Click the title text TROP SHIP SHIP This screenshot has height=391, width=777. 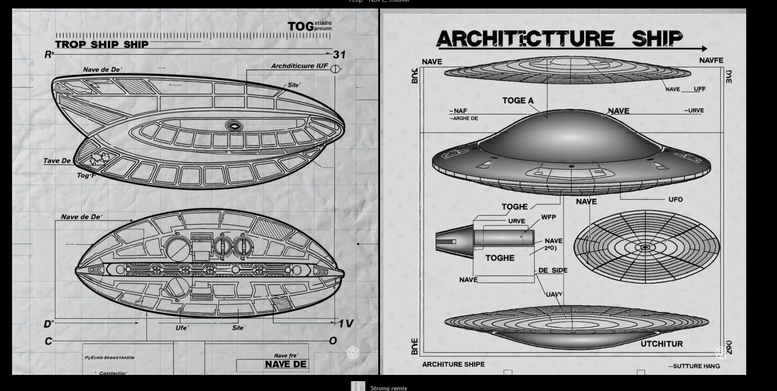coord(101,44)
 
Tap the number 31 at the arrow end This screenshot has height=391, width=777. coord(339,55)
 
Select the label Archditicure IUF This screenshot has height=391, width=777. coord(299,66)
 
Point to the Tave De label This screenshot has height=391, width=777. coord(57,161)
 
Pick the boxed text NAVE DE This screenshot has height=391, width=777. coord(286,364)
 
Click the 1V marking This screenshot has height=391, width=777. coord(346,324)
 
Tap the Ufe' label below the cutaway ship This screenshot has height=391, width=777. coord(182,328)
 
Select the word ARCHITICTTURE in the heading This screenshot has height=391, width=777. coord(525,39)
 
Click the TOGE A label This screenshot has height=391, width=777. coord(518,101)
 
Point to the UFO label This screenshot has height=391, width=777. coord(675,199)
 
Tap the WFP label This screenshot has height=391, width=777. coord(548,217)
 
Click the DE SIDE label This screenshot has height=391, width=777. coord(553,270)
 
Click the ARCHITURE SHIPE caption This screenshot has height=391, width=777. coord(453,364)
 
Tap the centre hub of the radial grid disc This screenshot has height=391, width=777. coord(645,247)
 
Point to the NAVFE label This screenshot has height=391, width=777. coord(711,60)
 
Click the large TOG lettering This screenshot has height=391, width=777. coord(301,26)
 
